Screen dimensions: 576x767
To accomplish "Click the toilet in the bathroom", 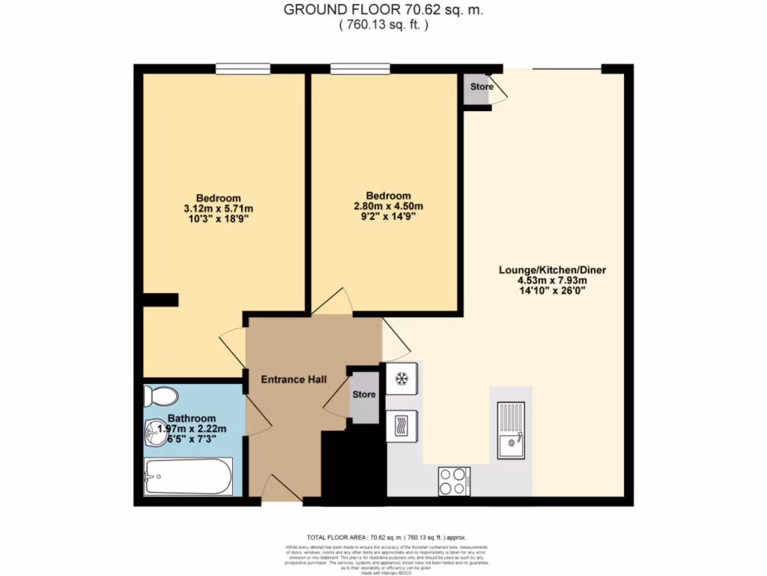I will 160,394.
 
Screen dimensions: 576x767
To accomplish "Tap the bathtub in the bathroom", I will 188,476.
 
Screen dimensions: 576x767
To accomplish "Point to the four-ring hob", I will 454,480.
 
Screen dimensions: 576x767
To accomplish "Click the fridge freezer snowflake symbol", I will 401,379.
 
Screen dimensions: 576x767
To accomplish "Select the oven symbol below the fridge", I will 401,425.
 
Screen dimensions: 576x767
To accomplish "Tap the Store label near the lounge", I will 481,87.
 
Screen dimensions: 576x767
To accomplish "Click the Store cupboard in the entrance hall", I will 364,394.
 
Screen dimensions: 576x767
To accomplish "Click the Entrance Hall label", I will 294,379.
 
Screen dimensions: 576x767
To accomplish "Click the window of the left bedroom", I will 243,69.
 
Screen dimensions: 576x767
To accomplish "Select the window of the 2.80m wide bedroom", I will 360,69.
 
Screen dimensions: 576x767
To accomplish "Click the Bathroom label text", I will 192,418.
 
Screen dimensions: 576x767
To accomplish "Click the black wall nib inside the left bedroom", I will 161,300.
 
